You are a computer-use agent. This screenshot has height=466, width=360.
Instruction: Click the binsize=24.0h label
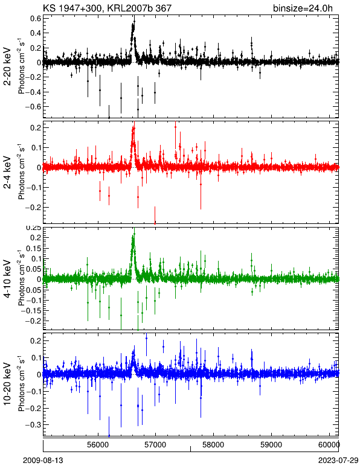[303, 8]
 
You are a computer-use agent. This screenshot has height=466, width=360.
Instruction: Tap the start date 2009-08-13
[43, 461]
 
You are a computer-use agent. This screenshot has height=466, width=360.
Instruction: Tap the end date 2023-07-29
[338, 461]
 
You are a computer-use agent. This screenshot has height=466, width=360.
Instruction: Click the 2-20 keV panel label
[7, 66]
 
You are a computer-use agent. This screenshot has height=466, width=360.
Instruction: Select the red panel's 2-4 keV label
[7, 173]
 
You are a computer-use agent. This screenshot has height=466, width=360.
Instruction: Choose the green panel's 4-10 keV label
[7, 279]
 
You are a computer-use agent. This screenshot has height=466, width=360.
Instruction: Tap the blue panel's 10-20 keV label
[7, 384]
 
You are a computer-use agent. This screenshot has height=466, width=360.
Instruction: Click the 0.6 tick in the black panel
[35, 18]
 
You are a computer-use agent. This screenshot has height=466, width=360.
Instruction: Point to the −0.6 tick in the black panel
[33, 106]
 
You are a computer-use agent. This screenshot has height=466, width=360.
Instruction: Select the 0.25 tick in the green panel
[33, 228]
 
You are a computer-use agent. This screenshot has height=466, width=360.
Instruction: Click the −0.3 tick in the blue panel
[33, 424]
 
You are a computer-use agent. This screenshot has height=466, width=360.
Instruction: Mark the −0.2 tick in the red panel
[33, 207]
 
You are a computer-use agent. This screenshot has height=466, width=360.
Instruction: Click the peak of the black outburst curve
[134, 21]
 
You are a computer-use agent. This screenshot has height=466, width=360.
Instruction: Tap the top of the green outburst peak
[134, 233]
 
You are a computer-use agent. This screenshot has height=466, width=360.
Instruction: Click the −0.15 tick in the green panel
[31, 311]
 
